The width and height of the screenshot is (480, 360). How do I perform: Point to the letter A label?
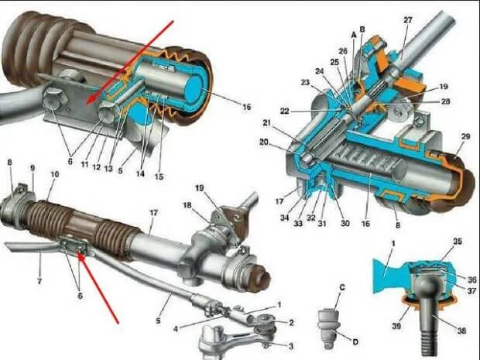click(353, 36)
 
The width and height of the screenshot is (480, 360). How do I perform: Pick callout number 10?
click(53, 176)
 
